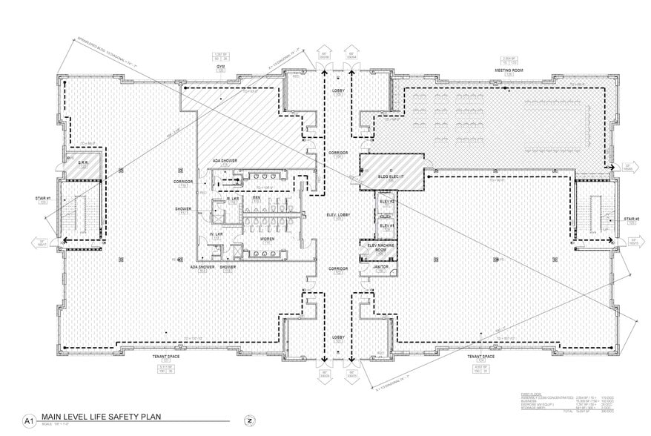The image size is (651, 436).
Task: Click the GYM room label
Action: click(x=220, y=66)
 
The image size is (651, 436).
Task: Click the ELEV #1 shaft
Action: click(x=386, y=226)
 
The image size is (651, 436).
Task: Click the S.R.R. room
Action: click(x=84, y=163)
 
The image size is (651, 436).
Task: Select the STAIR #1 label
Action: click(x=44, y=199)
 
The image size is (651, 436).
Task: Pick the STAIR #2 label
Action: click(x=631, y=219)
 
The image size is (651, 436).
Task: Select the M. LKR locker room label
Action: click(x=215, y=198)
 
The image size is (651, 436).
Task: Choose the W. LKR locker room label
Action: click(x=216, y=234)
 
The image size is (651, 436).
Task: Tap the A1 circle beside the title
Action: click(x=30, y=420)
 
